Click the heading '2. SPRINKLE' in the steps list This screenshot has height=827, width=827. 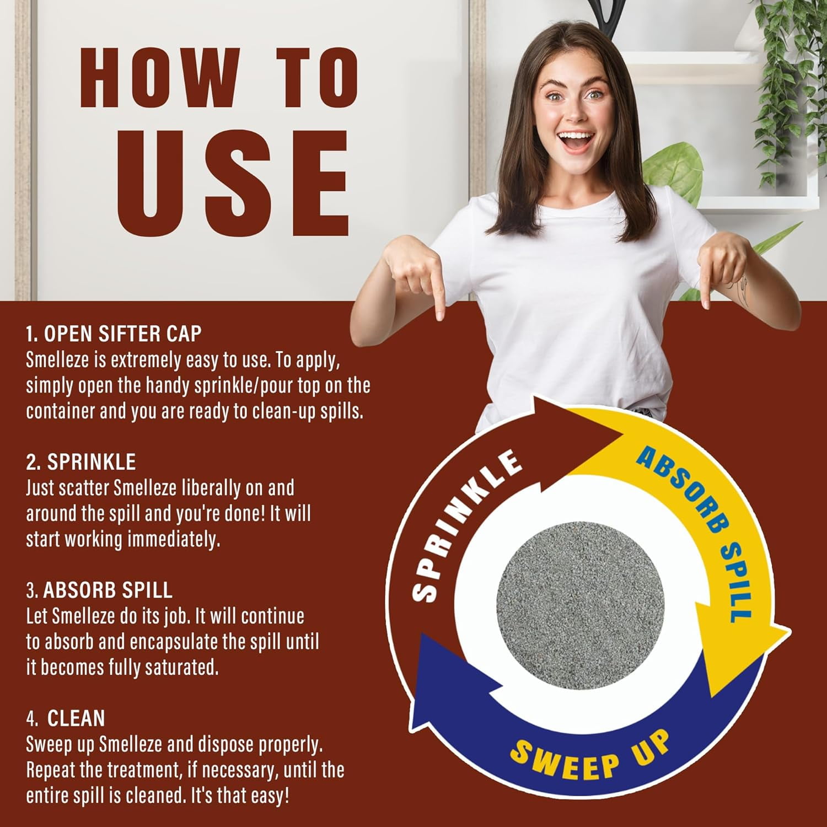(81, 462)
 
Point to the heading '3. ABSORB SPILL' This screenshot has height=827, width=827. (100, 590)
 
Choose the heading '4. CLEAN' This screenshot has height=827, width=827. (66, 718)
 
